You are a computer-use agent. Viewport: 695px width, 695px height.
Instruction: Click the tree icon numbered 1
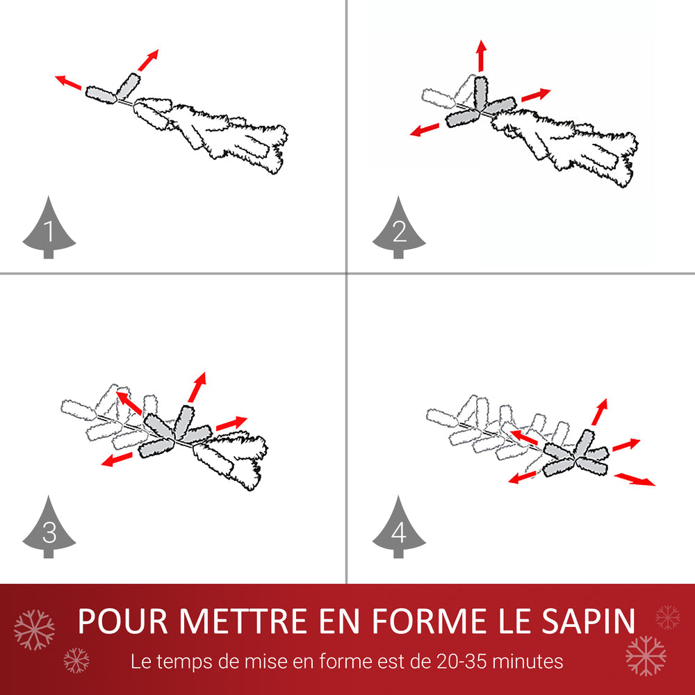click(x=49, y=229)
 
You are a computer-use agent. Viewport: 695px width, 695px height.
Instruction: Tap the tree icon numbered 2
click(x=399, y=229)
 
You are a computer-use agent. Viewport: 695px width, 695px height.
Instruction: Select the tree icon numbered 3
click(x=49, y=530)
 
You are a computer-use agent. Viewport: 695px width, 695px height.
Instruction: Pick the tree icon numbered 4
click(x=399, y=530)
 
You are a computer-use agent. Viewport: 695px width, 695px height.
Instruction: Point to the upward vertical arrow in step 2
click(x=480, y=56)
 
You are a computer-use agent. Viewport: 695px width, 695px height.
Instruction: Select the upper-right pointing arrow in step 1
click(x=148, y=60)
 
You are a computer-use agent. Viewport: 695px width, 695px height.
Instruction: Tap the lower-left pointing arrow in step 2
click(x=424, y=129)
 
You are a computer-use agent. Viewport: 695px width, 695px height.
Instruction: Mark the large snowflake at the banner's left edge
click(x=34, y=630)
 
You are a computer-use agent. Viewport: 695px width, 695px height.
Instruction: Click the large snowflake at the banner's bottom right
click(x=645, y=655)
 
